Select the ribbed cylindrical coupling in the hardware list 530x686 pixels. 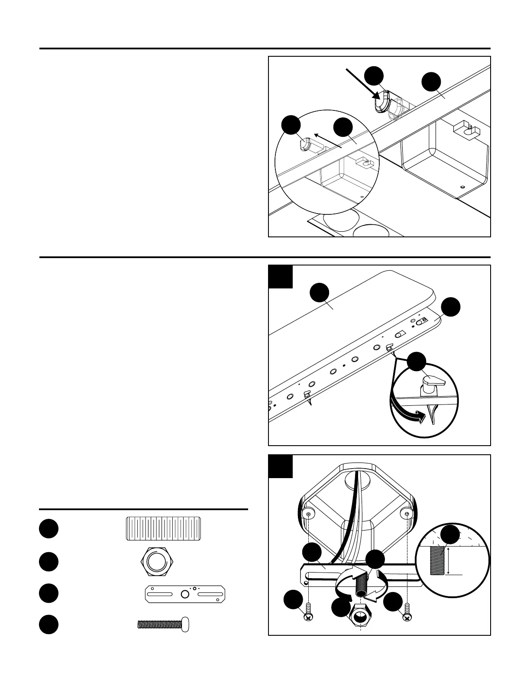coord(163,528)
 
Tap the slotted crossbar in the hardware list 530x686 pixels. coord(185,594)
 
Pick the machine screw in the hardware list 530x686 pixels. coord(163,625)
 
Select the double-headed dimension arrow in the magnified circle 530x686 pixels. coord(449,560)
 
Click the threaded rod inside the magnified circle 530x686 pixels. coord(437,560)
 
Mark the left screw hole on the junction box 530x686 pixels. coord(308,514)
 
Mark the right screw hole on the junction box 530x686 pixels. coord(407,514)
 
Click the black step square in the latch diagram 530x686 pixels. coord(281,277)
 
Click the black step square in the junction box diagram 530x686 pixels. coord(281,466)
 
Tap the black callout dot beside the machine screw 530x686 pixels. coord(48,624)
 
